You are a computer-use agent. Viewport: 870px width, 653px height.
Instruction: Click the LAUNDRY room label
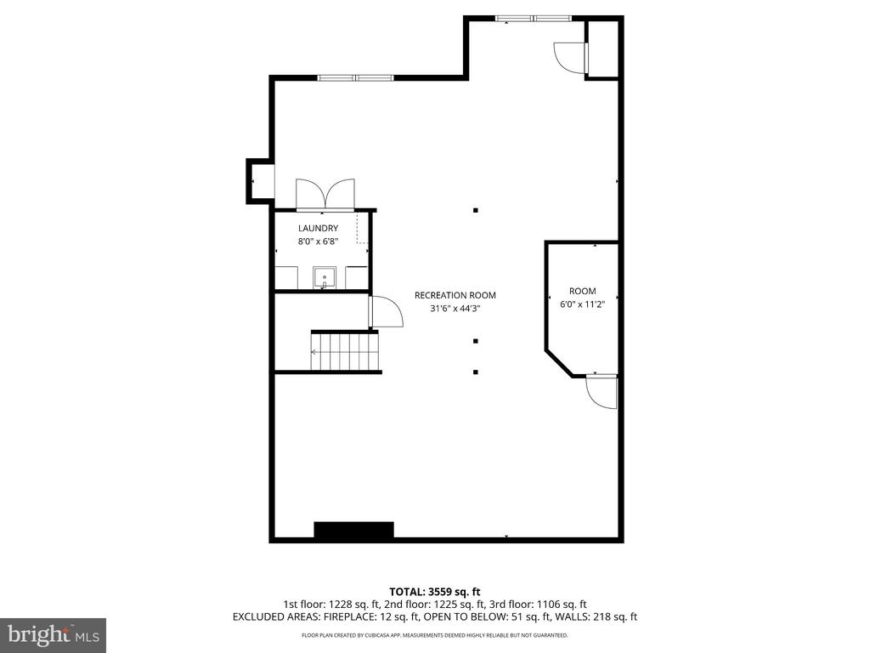(318, 228)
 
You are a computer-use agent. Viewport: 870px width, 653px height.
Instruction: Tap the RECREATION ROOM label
(455, 295)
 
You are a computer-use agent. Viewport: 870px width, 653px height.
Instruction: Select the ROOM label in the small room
(583, 291)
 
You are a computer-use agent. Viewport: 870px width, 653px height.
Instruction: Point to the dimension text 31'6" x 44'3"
(455, 309)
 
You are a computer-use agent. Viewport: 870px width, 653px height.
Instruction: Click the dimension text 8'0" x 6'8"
(318, 241)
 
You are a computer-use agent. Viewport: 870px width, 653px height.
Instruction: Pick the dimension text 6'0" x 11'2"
(583, 304)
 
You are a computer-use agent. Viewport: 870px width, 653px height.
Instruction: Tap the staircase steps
(345, 351)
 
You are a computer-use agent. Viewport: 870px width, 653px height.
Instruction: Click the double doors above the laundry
(325, 195)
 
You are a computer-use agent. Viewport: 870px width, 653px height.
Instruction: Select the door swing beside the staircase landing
(387, 312)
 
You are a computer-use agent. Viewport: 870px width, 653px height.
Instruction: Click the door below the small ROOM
(602, 392)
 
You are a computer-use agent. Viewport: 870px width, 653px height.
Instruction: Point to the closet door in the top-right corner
(570, 57)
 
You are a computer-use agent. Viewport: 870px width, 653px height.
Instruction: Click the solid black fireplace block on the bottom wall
(354, 531)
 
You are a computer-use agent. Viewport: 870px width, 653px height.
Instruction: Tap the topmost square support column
(476, 211)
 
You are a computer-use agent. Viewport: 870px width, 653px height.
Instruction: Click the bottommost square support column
(476, 372)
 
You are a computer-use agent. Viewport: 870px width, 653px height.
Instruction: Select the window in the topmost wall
(534, 19)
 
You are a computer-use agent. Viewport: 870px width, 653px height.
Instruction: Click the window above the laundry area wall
(356, 77)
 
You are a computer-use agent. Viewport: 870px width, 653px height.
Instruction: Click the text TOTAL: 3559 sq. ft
(434, 592)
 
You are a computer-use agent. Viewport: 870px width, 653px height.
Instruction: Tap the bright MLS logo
(54, 634)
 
